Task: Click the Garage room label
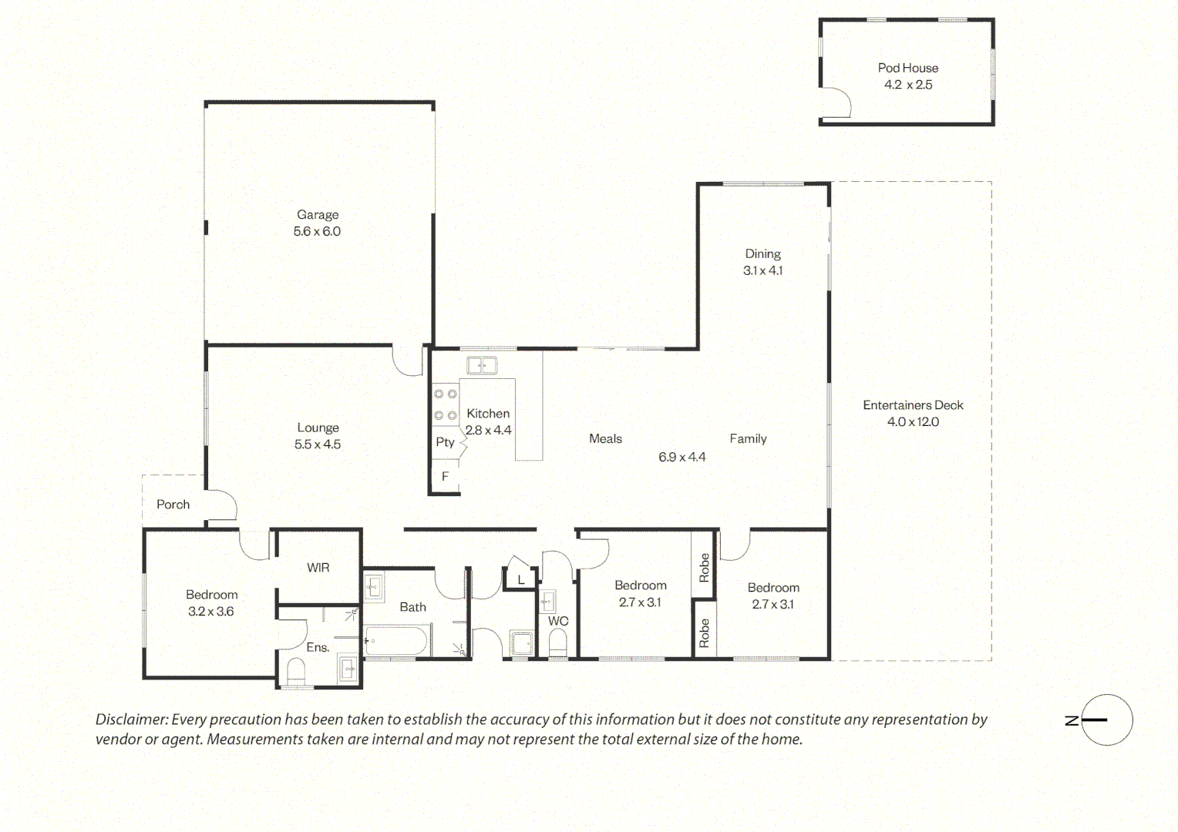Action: tap(318, 214)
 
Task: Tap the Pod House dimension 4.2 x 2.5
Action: tap(908, 85)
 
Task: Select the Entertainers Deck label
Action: tap(913, 405)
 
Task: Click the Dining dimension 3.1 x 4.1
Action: tap(762, 270)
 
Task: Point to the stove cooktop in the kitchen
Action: tap(445, 404)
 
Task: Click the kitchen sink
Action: tap(482, 365)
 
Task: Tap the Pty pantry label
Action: tap(445, 442)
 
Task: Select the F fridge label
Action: tap(445, 476)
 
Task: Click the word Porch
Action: tap(173, 505)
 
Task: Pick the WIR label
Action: tap(318, 568)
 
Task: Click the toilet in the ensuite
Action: tap(297, 673)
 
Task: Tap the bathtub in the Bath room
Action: tap(398, 640)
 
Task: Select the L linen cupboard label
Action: tap(521, 580)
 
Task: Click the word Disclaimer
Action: tap(132, 720)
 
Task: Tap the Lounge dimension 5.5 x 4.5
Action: tap(318, 445)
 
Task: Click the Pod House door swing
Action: tap(836, 102)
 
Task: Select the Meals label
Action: tap(605, 439)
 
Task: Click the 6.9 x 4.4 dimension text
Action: tap(682, 458)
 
